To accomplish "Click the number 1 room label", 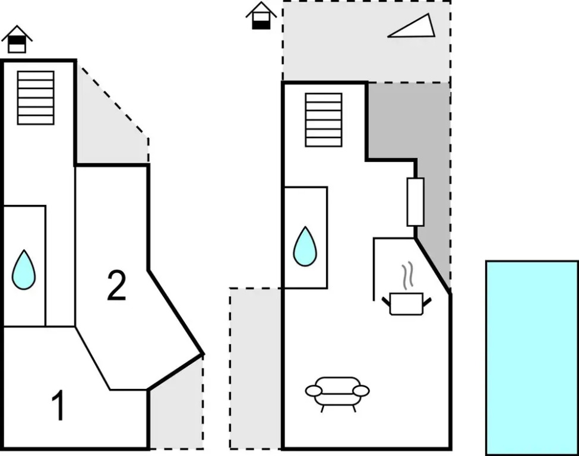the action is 58,405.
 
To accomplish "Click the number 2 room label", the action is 116,286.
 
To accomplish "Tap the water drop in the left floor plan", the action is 24,270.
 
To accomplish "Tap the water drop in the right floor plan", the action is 305,246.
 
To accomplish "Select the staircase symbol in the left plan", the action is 36,98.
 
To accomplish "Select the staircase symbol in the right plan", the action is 324,120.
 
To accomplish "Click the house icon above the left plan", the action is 17,39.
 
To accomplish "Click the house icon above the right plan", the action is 261,15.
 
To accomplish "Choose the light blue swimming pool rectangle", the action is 532,358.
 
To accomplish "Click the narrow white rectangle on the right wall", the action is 416,202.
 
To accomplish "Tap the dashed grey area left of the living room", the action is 255,368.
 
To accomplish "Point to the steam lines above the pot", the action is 407,275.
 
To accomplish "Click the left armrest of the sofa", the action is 314,391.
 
